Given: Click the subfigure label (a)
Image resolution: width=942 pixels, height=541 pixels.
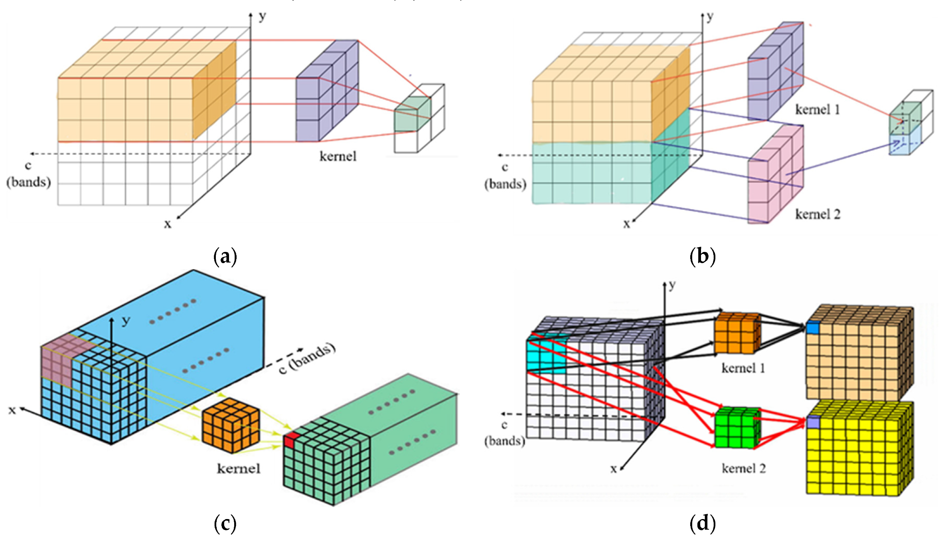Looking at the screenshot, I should pos(225,257).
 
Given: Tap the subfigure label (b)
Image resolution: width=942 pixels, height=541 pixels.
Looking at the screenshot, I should pos(703,257).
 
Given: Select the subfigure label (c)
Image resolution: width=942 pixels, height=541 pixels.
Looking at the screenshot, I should pos(225,523).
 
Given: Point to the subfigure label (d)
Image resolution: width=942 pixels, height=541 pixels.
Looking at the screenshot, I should pos(703,523).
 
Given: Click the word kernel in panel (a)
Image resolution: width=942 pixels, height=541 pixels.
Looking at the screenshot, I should pos(338,157).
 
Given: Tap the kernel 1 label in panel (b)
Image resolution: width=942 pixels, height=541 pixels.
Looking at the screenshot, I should pos(818,110).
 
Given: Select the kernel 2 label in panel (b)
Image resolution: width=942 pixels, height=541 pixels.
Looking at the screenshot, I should pos(818,214).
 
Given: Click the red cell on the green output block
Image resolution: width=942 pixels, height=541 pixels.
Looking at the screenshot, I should pos(291,440).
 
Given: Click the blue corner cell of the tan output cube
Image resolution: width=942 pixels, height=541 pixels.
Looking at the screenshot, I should pos(812,329).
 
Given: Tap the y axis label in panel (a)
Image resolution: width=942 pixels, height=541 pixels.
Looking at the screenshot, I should pos(262,16).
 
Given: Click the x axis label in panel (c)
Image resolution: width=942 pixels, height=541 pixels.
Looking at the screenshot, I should pos(12,410).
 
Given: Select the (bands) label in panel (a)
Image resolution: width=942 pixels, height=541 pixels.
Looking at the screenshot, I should pos(28,182).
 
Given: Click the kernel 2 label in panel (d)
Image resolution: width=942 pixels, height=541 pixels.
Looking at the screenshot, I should pos(744,468).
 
